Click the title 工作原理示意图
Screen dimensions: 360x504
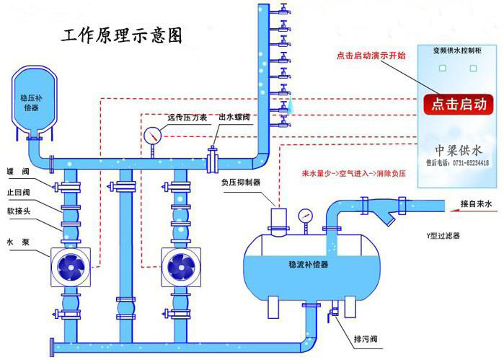tap(119, 35)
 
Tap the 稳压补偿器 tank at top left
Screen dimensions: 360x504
tap(33, 101)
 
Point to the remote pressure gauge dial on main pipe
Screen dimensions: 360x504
tap(153, 136)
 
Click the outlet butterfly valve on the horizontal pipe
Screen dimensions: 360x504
tap(213, 158)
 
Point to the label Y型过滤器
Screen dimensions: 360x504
tap(443, 235)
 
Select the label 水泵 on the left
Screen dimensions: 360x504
tap(15, 242)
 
